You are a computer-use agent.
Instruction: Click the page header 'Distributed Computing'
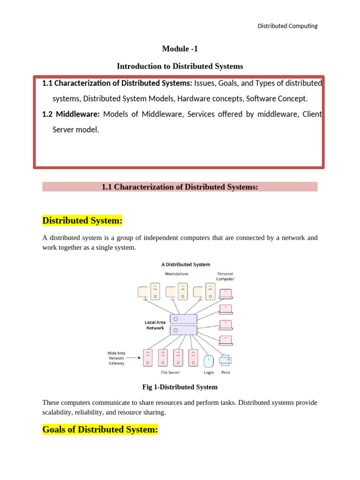click(287, 26)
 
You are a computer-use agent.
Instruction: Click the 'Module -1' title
click(180, 49)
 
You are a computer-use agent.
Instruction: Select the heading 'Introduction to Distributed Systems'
click(180, 66)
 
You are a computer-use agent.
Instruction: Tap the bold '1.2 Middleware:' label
click(71, 114)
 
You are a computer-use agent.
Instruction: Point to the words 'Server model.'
click(75, 129)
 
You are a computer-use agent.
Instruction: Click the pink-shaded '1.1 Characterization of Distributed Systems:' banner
click(180, 187)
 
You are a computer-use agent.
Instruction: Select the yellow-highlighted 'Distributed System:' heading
click(82, 220)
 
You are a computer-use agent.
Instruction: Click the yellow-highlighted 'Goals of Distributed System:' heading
click(100, 429)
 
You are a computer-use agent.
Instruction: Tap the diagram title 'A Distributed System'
click(186, 264)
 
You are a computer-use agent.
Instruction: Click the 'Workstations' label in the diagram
click(176, 273)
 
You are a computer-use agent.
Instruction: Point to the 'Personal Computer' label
click(225, 276)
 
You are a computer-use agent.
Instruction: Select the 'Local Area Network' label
click(154, 325)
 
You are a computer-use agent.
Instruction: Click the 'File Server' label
click(171, 373)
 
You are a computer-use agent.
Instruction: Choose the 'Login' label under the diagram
click(209, 373)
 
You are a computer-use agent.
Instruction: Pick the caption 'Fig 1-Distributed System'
click(180, 387)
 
